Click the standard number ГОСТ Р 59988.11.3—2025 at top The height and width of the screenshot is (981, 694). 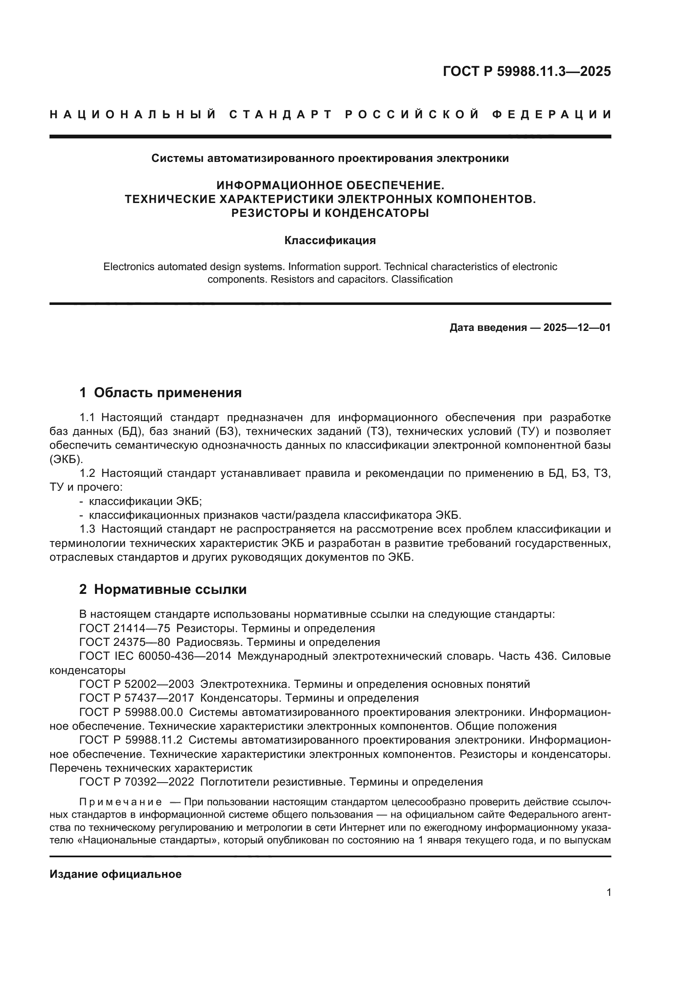pos(527,71)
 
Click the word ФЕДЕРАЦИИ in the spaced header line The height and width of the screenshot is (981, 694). pos(552,114)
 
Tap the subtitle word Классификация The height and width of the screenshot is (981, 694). pos(330,241)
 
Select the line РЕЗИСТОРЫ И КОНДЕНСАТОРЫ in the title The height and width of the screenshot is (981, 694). pos(330,213)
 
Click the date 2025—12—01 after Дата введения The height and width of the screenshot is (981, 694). pos(577,328)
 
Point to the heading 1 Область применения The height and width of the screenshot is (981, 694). pos(161,392)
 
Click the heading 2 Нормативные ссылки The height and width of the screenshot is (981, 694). pos(163,589)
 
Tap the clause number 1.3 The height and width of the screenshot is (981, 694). pos(87,529)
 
